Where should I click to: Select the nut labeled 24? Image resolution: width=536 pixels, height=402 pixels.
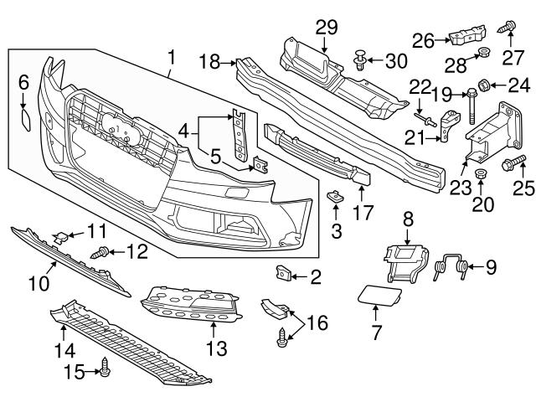click(493, 85)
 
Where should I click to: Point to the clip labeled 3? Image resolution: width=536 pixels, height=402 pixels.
click(334, 198)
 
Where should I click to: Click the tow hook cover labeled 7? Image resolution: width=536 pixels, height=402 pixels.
click(383, 294)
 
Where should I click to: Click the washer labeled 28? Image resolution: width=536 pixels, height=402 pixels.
click(482, 56)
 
